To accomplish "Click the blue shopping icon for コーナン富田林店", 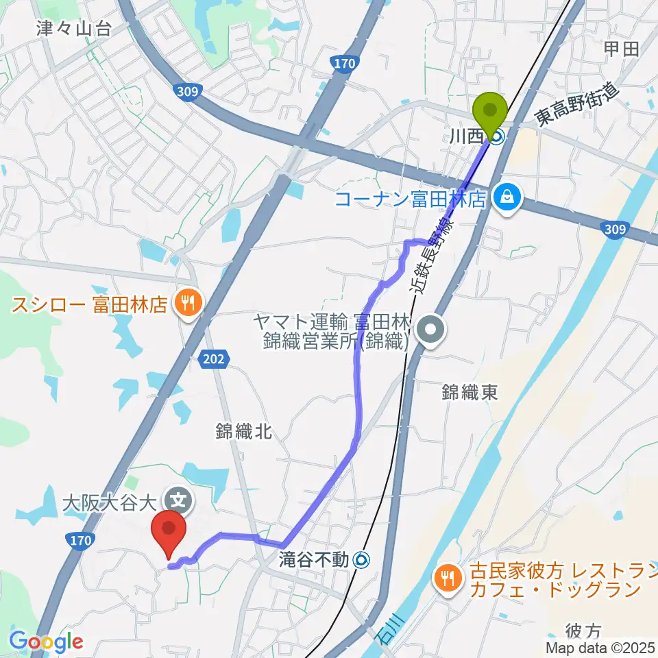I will pos(508,199).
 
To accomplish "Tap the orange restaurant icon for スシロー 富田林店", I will pos(186,302).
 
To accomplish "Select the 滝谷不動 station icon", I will pos(361,560).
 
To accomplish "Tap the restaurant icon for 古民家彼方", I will pos(448,578).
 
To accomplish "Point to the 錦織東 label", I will pos(470,392).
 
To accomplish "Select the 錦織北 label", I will pos(244,431).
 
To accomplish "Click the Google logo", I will pos(46,642).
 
